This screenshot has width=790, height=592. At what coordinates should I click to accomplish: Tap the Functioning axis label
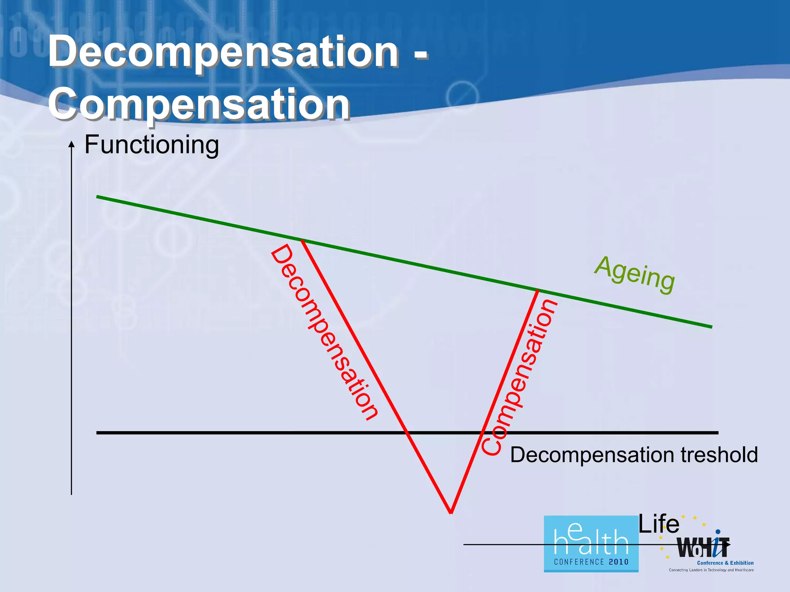pyautogui.click(x=152, y=145)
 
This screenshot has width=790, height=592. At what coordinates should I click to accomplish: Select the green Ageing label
pyautogui.click(x=635, y=274)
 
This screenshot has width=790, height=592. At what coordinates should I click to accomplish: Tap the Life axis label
pyautogui.click(x=658, y=524)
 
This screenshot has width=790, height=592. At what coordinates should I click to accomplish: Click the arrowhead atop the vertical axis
pyautogui.click(x=71, y=144)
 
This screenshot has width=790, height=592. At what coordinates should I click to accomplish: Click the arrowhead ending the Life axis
pyautogui.click(x=728, y=545)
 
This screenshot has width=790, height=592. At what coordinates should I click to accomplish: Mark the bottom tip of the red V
pyautogui.click(x=451, y=512)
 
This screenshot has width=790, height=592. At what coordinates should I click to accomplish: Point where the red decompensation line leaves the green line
pyautogui.click(x=302, y=240)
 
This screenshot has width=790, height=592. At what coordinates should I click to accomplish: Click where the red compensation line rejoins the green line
pyautogui.click(x=537, y=290)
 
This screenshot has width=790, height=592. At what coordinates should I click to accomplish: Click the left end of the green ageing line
pyautogui.click(x=98, y=197)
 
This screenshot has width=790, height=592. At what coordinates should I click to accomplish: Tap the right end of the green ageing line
pyautogui.click(x=711, y=327)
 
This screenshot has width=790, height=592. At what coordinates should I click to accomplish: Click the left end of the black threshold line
pyautogui.click(x=97, y=433)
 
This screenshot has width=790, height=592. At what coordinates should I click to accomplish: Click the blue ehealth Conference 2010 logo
pyautogui.click(x=591, y=544)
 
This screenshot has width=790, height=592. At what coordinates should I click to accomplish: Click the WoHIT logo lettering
pyautogui.click(x=703, y=548)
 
